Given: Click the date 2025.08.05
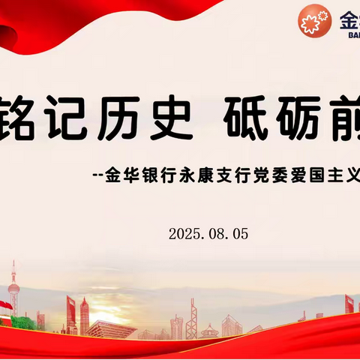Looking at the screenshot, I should (x=208, y=212).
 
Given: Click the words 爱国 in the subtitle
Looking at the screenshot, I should (x=352, y=178).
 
